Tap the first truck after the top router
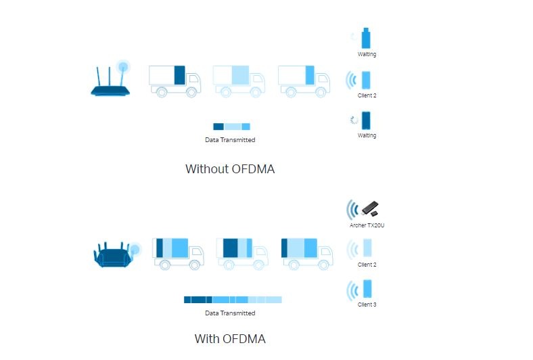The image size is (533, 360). tap(175, 81)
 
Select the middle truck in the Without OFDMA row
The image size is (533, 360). tap(239, 81)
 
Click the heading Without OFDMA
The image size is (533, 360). tap(230, 169)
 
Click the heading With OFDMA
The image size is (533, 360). tap(230, 338)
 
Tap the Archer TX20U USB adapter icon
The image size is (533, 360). tap(369, 208)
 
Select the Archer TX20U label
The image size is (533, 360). tap(367, 225)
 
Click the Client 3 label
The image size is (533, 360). tap(367, 305)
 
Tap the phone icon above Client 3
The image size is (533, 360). tap(367, 289)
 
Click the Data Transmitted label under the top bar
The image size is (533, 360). tap(230, 140)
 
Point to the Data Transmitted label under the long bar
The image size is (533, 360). tap(230, 313)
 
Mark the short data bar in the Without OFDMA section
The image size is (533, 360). tap(231, 127)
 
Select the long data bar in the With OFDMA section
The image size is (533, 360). tap(233, 299)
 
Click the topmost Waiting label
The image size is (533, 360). tap(367, 54)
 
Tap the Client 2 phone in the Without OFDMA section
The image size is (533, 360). tap(367, 80)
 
